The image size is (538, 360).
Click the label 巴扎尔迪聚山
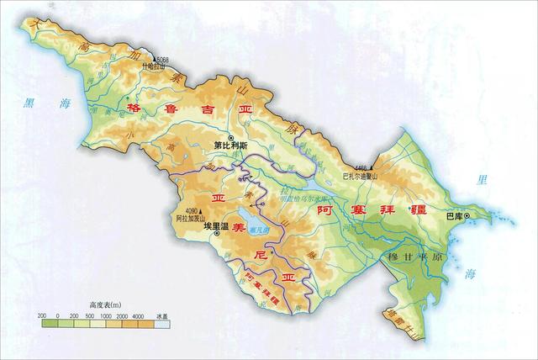(x=362, y=176)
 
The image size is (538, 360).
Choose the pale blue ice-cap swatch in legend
(x=163, y=323)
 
